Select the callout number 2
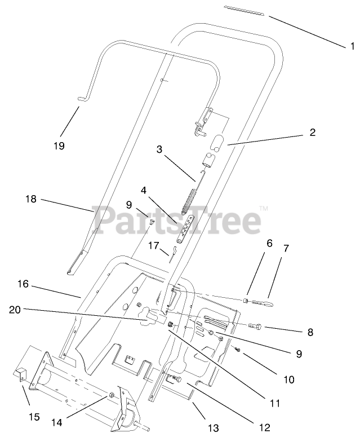coord(312,133)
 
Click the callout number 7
coord(286,248)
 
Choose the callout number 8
coord(310,332)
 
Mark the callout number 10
coord(288,380)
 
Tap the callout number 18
coord(30,199)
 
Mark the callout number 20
coord(16,309)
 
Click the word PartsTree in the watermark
coord(180,220)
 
